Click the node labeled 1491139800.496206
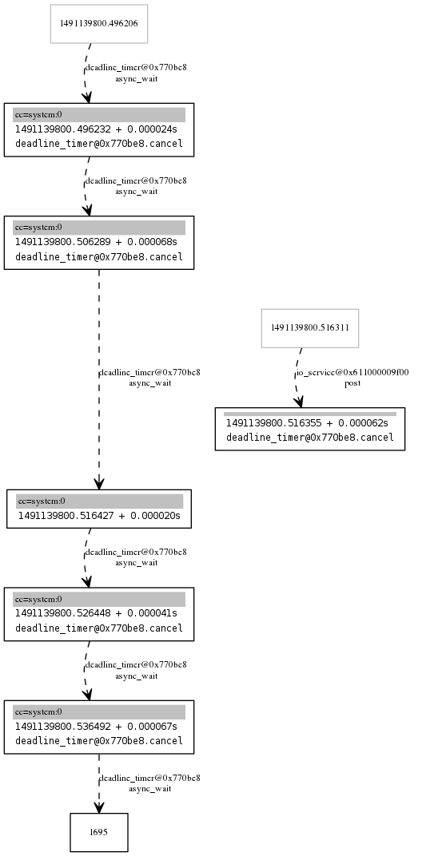coord(98,24)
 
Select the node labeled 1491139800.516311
coord(309,327)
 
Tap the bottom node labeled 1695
coord(98,832)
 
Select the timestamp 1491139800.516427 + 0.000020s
coord(99,516)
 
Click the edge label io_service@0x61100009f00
coord(352,372)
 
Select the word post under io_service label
coord(352,383)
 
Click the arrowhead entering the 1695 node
coord(99,806)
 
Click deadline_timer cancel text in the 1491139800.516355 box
coord(309,437)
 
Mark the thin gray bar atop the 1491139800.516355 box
coord(309,414)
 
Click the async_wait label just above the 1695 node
coord(149,789)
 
